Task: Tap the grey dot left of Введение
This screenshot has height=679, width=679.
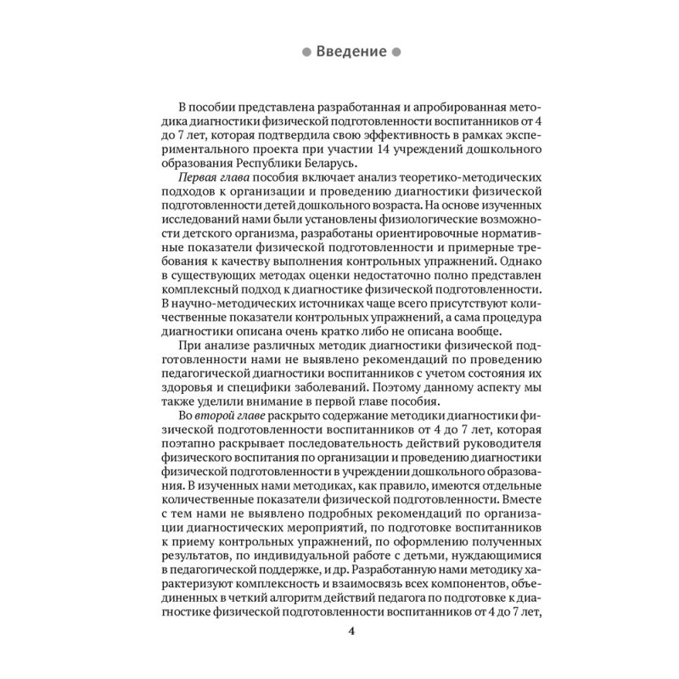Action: [306, 52]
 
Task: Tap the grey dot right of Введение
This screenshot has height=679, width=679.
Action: [396, 52]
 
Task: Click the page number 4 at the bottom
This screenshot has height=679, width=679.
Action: [351, 632]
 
